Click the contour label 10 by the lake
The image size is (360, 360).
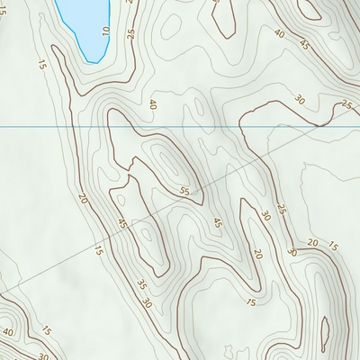point(105,31)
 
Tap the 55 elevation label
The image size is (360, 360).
point(184,191)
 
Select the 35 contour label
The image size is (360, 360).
point(141,285)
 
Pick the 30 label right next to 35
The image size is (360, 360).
point(146,303)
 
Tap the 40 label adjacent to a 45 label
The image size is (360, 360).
point(279,34)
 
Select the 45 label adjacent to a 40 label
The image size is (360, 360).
point(304,44)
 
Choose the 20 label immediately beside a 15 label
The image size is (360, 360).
point(312,243)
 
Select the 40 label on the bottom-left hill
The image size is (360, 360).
point(8,331)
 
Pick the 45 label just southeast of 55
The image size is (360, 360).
point(216,222)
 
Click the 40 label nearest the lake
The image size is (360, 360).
point(152,104)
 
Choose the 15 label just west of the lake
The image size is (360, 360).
point(41,64)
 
